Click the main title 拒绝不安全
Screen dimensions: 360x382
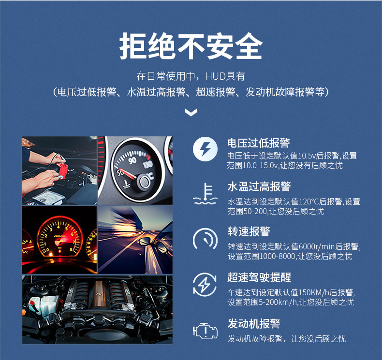click(191, 47)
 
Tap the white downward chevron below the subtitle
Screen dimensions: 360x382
click(191, 113)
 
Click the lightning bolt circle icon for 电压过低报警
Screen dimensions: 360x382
click(205, 149)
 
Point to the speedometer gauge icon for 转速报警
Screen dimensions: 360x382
click(205, 240)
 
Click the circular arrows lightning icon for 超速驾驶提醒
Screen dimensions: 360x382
click(205, 285)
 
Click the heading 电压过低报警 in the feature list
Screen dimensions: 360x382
click(258, 143)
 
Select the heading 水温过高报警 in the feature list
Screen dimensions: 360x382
click(258, 187)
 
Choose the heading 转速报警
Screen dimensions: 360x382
click(249, 232)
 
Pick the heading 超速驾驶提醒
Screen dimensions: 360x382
click(258, 277)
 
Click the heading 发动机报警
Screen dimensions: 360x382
click(253, 323)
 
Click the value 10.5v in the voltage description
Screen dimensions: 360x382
click(307, 156)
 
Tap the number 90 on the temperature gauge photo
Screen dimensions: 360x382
click(132, 160)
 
